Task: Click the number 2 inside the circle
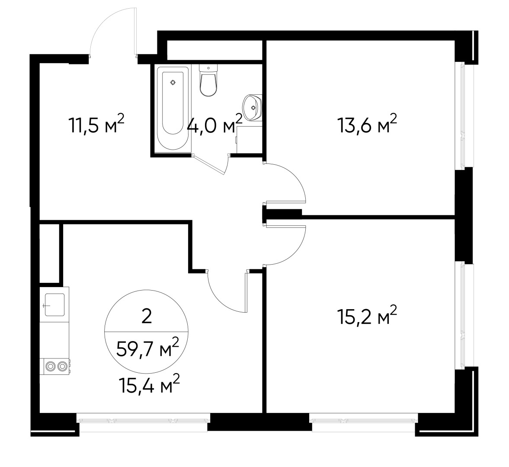pyautogui.click(x=147, y=317)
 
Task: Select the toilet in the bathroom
pyautogui.click(x=208, y=81)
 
